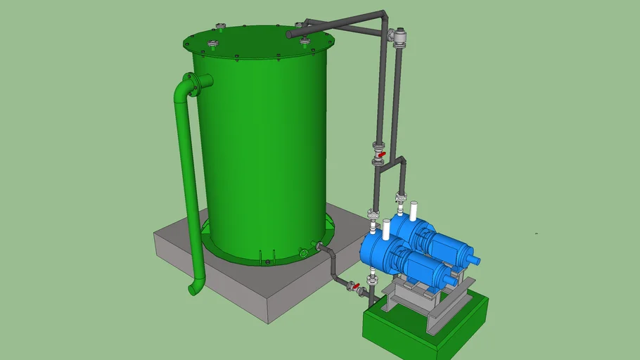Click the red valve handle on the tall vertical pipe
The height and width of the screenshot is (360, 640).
pyautogui.click(x=381, y=154)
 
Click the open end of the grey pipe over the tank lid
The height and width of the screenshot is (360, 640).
pyautogui.click(x=290, y=33)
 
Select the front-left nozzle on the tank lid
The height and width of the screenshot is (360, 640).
pyautogui.click(x=213, y=46)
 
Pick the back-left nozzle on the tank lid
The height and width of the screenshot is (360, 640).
pyautogui.click(x=222, y=28)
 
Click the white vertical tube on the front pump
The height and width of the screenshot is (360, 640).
pyautogui.click(x=386, y=229)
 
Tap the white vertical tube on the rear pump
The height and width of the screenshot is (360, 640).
pyautogui.click(x=414, y=210)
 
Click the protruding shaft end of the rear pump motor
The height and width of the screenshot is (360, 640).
pyautogui.click(x=476, y=261)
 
